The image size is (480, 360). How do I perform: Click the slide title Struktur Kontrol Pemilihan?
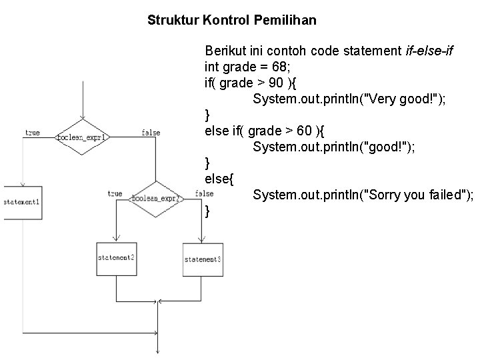point(232,20)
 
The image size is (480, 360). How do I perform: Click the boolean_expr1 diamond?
point(83,137)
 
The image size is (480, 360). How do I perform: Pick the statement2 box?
point(116,258)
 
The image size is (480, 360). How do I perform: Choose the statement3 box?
point(203,259)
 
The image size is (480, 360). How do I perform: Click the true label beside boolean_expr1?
point(32,133)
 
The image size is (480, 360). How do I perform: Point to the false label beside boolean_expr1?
point(151,133)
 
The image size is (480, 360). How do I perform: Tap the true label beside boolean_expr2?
point(115,194)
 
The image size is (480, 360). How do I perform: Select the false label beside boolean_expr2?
point(204,193)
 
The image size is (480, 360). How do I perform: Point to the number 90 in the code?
point(298,83)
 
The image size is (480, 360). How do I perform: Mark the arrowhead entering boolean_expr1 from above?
point(83,119)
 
